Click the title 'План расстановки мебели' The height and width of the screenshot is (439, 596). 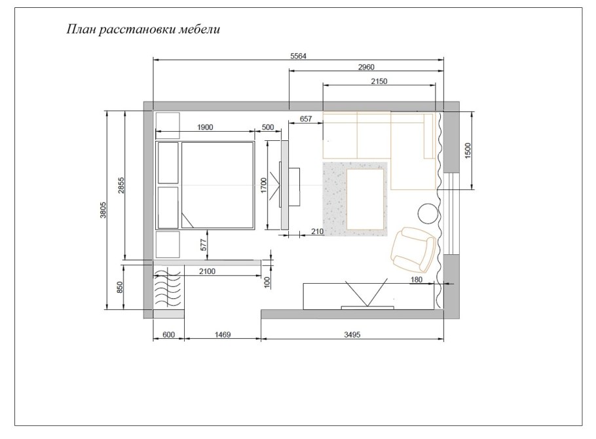coord(143,29)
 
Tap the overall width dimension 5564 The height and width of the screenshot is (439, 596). coord(298,56)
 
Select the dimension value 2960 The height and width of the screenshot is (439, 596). coord(366,67)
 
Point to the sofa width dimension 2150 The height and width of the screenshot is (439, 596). coord(379,81)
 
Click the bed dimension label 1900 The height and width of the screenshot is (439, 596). coord(205,127)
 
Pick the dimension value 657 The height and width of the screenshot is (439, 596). coord(306,119)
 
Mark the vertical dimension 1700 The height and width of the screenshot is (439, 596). coord(264,185)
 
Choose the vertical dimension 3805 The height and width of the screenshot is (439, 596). coord(103,210)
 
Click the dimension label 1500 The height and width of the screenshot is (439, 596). coord(468,151)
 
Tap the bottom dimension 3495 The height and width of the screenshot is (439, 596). coord(352,335)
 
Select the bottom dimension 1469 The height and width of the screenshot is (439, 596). coord(223,335)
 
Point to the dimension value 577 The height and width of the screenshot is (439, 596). coord(203,244)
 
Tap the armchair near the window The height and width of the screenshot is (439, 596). coord(413,250)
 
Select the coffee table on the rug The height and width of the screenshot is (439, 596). coord(365,200)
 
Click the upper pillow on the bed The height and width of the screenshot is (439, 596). coord(168,162)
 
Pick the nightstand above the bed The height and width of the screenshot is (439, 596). coord(168,125)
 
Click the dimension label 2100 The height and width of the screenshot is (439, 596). coord(207,271)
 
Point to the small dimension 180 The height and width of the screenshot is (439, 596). coord(417,280)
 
